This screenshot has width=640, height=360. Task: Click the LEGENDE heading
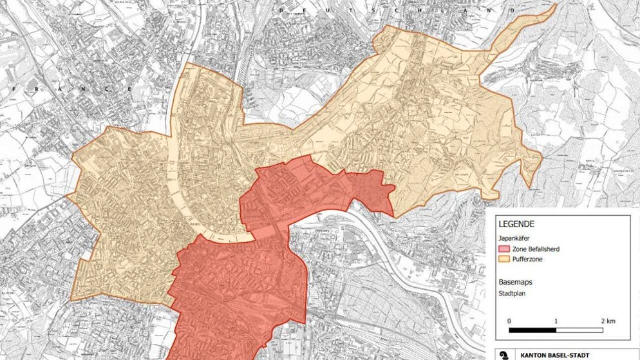[x=517, y=224]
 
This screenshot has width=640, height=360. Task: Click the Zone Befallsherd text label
[x=536, y=249]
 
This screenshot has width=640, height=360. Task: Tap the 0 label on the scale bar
[x=509, y=320]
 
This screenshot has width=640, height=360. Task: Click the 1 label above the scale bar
[x=555, y=320]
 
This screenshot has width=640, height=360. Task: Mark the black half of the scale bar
[x=532, y=330]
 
